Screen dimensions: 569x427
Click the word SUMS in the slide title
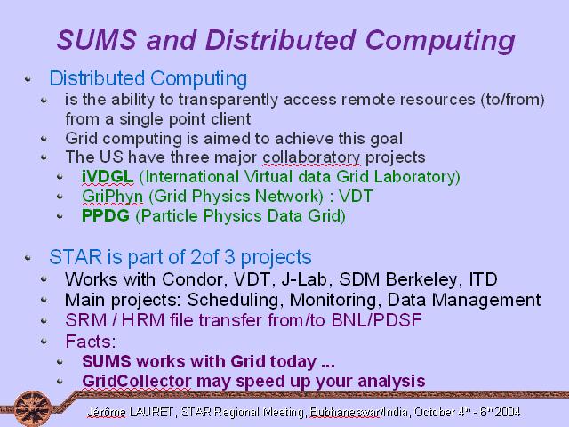tap(97, 39)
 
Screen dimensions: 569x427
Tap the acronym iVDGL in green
tap(108, 177)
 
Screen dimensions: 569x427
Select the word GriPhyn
tap(113, 197)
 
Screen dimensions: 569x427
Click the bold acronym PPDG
tap(106, 215)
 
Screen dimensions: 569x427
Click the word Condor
tap(192, 279)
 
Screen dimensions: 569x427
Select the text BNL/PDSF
tap(376, 320)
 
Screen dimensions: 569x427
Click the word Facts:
tap(91, 342)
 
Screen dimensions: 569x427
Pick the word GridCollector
tap(136, 382)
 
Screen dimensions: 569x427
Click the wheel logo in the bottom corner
tap(34, 408)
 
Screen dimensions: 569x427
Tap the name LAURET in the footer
tap(151, 412)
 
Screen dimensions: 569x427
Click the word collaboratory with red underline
tap(311, 157)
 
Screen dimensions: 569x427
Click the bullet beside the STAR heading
tap(28, 257)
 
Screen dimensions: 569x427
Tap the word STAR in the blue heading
tap(76, 257)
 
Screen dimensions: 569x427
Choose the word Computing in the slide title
tap(440, 40)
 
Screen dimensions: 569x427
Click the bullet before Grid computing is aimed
tap(44, 139)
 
